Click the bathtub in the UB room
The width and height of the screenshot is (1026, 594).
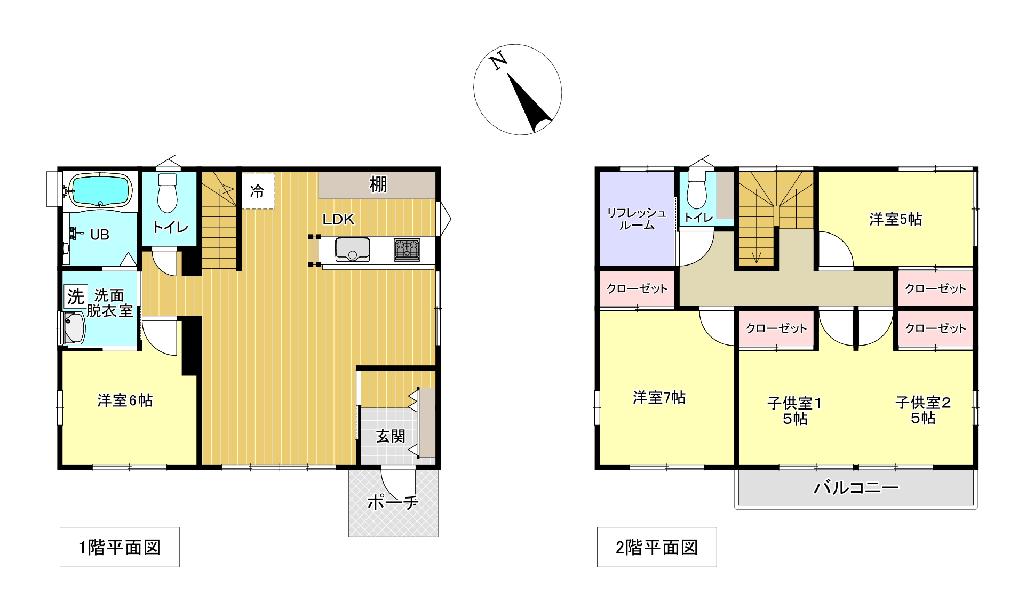(101, 190)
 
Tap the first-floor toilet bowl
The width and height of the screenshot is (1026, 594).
(167, 192)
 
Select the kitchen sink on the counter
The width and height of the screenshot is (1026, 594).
(352, 250)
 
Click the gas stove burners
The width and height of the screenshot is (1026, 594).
(407, 250)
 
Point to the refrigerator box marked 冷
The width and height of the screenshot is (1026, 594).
(258, 190)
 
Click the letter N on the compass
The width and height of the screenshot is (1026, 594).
(498, 61)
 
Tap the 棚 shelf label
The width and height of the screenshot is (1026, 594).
(378, 184)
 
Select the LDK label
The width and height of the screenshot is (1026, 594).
(338, 219)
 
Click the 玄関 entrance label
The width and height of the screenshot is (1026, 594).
(391, 437)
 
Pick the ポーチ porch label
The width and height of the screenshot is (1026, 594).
(393, 502)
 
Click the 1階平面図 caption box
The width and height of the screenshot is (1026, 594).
(120, 547)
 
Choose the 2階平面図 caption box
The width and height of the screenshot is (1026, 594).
(657, 547)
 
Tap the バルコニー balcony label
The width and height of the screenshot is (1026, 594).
(856, 487)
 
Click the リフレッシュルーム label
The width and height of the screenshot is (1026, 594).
(637, 219)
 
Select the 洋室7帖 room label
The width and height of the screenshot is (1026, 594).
(659, 397)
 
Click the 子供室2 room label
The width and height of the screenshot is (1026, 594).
(923, 410)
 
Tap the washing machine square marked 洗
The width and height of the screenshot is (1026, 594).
(76, 296)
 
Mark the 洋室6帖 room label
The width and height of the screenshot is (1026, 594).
(125, 400)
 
